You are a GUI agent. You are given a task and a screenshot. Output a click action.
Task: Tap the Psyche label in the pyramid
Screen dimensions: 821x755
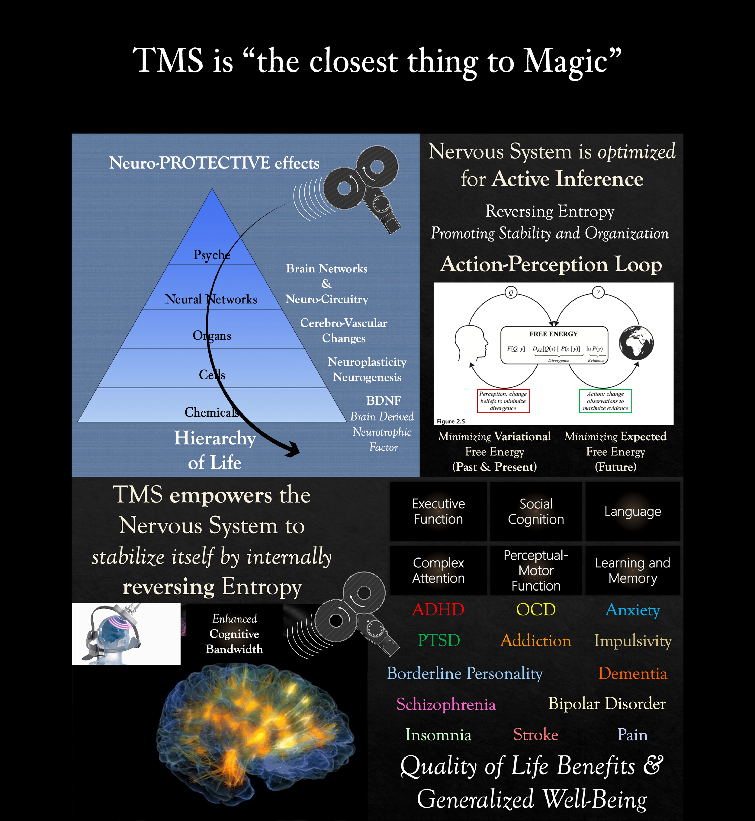pyautogui.click(x=211, y=255)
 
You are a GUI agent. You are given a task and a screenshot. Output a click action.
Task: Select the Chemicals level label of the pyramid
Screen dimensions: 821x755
pyautogui.click(x=211, y=412)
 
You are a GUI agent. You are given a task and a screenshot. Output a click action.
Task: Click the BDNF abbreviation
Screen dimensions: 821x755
pyautogui.click(x=383, y=400)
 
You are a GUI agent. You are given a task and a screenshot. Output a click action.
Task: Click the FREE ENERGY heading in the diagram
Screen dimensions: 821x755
pyautogui.click(x=553, y=334)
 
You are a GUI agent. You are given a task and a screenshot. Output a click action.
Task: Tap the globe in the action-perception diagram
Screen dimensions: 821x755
pyautogui.click(x=636, y=342)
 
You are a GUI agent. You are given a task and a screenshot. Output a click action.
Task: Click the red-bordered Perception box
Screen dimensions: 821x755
pyautogui.click(x=503, y=401)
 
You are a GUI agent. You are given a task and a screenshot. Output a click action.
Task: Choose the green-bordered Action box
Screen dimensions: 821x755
pyautogui.click(x=605, y=401)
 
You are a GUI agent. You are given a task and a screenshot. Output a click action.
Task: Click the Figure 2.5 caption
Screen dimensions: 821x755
pyautogui.click(x=451, y=421)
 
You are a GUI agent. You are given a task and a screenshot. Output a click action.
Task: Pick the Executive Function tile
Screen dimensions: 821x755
pyautogui.click(x=439, y=512)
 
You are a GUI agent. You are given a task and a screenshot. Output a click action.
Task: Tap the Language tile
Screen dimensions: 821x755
pyautogui.click(x=632, y=512)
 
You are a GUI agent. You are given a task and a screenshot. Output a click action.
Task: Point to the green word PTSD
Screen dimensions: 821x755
pyautogui.click(x=439, y=640)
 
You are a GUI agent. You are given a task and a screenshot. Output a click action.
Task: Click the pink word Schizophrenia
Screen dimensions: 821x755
pyautogui.click(x=446, y=704)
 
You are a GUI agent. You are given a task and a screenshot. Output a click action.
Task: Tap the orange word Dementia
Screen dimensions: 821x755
pyautogui.click(x=632, y=673)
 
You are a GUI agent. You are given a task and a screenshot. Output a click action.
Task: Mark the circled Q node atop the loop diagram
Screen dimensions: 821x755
pyautogui.click(x=511, y=293)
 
